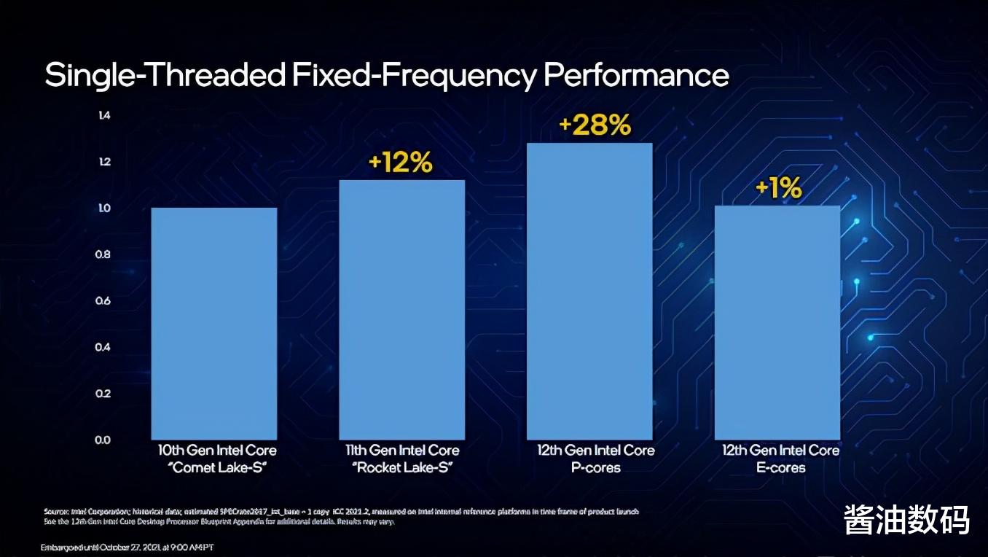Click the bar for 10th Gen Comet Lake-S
pos(213,323)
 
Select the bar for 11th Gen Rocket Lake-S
pos(401,309)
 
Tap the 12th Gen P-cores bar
pos(589,291)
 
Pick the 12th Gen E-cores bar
pos(777,322)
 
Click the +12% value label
pos(400,163)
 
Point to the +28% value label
pos(594,125)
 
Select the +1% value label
pos(778,189)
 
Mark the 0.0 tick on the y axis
pos(103,440)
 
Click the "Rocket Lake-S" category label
pos(402,467)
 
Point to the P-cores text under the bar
pos(595,467)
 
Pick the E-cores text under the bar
pos(780,467)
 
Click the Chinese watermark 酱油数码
pos(906,520)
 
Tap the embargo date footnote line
pos(127,547)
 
